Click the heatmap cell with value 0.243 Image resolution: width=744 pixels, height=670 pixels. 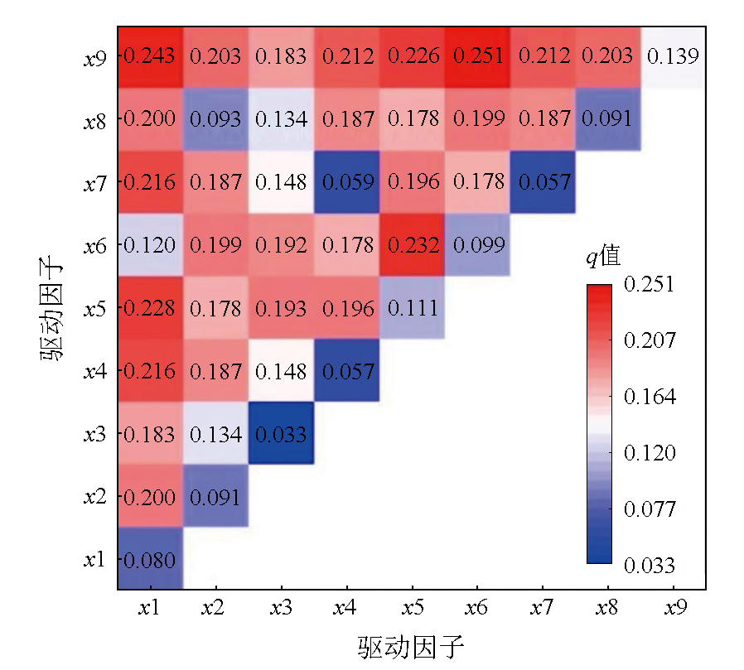(x=150, y=56)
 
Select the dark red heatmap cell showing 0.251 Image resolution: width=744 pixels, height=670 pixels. (x=476, y=56)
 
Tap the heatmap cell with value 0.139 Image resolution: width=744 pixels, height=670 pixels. (x=673, y=56)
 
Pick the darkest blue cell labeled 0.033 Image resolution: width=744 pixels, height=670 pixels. (x=281, y=433)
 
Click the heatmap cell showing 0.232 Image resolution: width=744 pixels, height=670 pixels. (x=411, y=245)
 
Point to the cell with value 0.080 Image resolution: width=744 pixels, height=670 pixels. (x=150, y=560)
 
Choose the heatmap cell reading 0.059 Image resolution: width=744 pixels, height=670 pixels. (x=346, y=182)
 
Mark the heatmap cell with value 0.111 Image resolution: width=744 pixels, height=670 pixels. (x=411, y=308)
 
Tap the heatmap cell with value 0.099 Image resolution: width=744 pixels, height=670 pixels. (x=476, y=245)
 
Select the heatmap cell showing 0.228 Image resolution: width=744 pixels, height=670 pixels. (x=150, y=308)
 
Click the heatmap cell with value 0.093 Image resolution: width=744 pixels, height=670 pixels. (x=215, y=119)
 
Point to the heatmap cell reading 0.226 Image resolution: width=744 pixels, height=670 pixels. (x=411, y=56)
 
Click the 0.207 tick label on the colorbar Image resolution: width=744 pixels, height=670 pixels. (x=650, y=340)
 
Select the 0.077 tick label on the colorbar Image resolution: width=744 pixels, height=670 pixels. (x=650, y=509)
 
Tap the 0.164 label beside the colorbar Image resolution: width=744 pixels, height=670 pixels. (x=650, y=397)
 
